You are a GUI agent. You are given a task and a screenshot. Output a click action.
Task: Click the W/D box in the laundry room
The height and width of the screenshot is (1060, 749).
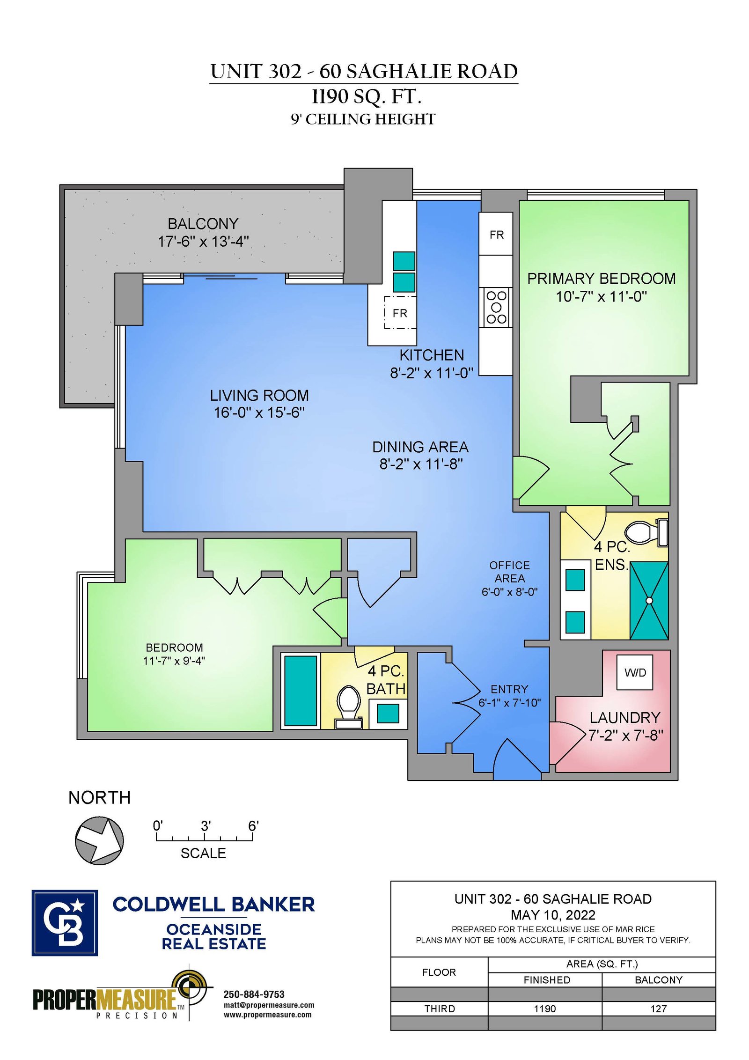click(634, 672)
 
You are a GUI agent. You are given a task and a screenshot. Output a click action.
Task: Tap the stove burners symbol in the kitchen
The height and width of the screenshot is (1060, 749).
click(496, 307)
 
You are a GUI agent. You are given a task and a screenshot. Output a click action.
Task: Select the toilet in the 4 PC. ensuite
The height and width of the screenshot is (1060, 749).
click(646, 532)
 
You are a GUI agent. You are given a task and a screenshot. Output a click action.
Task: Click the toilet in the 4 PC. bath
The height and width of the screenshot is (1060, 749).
click(348, 707)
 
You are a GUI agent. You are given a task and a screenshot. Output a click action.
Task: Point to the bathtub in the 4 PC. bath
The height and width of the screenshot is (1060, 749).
click(300, 691)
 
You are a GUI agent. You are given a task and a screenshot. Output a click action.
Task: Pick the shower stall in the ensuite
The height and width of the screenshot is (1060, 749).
click(649, 600)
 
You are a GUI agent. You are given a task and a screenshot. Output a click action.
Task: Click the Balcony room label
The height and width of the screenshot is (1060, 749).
click(203, 224)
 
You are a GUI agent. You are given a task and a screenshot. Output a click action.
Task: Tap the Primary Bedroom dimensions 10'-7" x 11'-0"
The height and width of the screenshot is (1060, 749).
click(601, 296)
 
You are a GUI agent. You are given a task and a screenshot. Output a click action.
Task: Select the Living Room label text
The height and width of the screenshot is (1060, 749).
click(259, 395)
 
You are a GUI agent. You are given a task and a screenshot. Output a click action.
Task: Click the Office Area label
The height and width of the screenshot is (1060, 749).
click(509, 572)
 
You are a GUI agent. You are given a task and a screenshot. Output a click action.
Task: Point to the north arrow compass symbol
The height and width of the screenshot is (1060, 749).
click(99, 840)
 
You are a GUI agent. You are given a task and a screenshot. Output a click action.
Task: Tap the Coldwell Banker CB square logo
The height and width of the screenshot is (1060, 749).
click(65, 923)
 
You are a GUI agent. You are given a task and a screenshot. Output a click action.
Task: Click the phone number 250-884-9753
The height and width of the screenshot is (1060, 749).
click(254, 994)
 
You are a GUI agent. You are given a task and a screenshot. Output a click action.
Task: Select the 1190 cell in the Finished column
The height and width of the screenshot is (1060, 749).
click(545, 1008)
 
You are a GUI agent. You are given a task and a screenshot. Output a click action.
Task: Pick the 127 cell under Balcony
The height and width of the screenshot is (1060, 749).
click(658, 1008)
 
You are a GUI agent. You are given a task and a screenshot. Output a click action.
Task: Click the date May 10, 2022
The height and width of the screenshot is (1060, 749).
click(553, 915)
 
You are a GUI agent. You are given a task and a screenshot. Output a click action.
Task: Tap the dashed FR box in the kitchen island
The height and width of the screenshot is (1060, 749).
click(400, 312)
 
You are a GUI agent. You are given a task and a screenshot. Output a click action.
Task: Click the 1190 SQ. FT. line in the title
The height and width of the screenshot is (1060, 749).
click(367, 96)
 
